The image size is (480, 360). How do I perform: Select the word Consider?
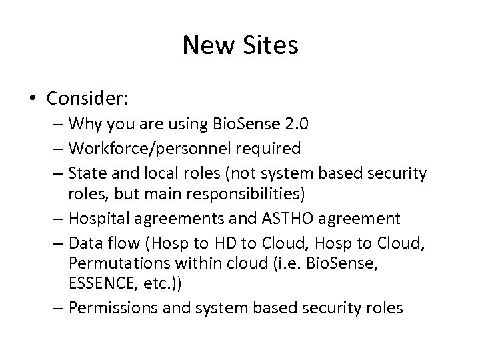tap(88, 99)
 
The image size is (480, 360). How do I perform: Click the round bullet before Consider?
tap(33, 99)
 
